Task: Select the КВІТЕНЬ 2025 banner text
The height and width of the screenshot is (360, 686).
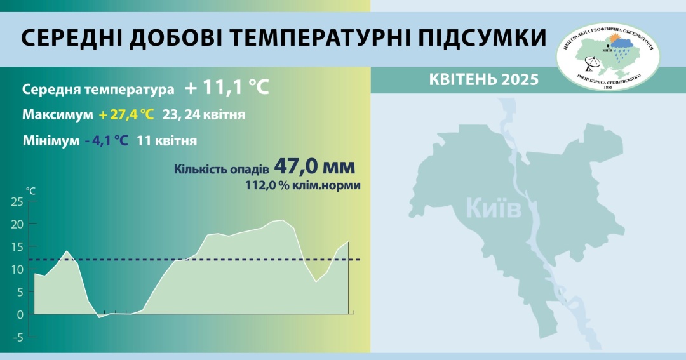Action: pyautogui.click(x=484, y=79)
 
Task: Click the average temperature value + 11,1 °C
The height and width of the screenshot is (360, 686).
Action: pyautogui.click(x=227, y=88)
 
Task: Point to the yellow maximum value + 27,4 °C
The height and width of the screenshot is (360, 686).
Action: pyautogui.click(x=126, y=115)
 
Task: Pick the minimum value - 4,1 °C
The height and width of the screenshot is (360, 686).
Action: pyautogui.click(x=107, y=141)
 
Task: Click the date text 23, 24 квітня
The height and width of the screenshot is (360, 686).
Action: pyautogui.click(x=204, y=115)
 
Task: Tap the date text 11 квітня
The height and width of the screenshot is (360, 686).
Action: pyautogui.click(x=166, y=141)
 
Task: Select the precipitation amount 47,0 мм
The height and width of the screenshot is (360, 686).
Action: pyautogui.click(x=314, y=166)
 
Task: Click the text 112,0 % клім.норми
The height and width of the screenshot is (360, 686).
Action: pyautogui.click(x=303, y=185)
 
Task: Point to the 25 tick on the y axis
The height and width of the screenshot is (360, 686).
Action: pyautogui.click(x=17, y=202)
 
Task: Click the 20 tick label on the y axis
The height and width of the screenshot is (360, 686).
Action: pyautogui.click(x=17, y=224)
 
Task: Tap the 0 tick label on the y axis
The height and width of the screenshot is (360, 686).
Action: pyautogui.click(x=20, y=314)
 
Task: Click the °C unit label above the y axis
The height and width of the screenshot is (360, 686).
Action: pyautogui.click(x=30, y=191)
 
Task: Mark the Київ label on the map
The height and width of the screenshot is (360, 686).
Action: pyautogui.click(x=494, y=208)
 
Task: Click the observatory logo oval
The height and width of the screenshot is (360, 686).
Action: pyautogui.click(x=608, y=57)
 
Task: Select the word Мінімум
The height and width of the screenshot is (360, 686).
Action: pyautogui.click(x=51, y=141)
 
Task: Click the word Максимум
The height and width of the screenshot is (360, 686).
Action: pyautogui.click(x=58, y=115)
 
